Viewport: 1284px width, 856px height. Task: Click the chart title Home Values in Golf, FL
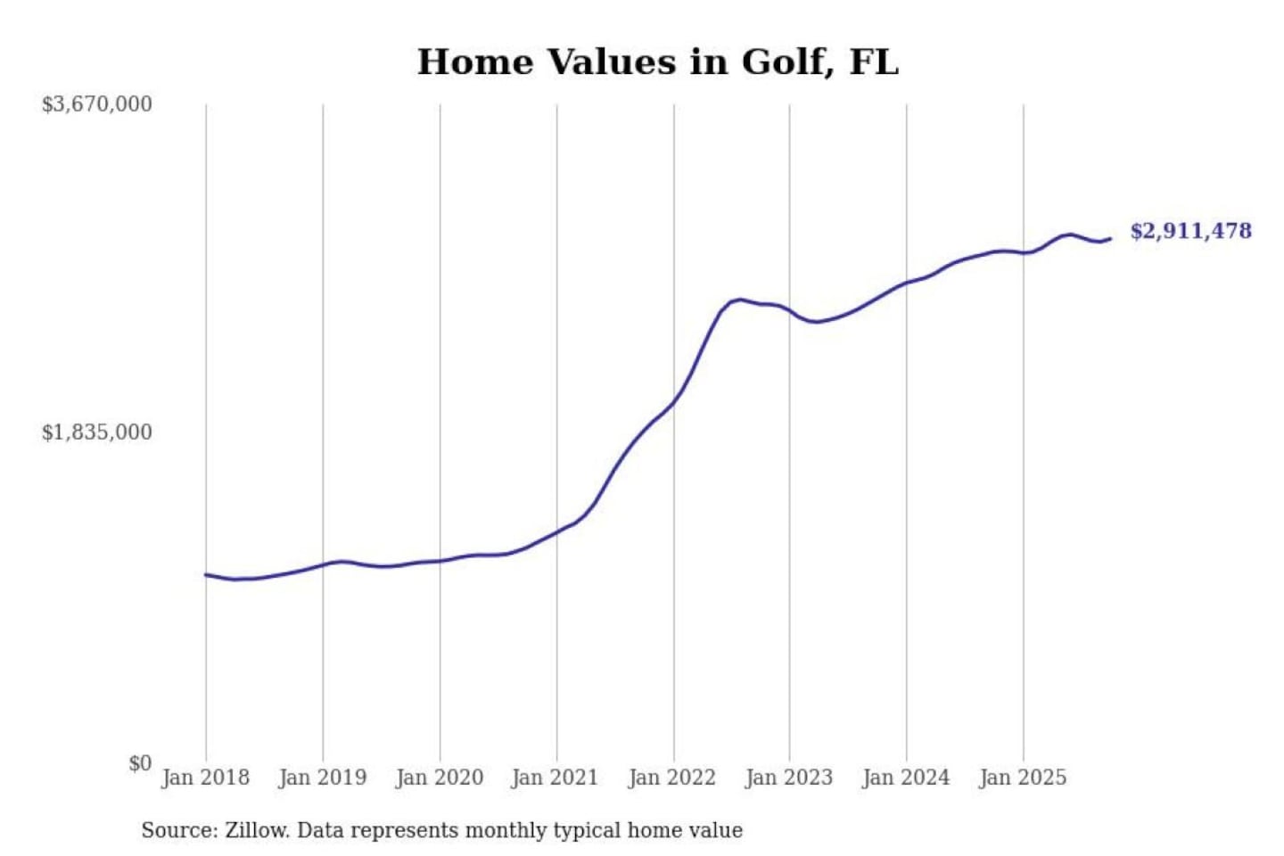click(658, 62)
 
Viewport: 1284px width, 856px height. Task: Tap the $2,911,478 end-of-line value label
click(1190, 231)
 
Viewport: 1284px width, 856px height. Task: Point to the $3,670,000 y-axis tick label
click(97, 104)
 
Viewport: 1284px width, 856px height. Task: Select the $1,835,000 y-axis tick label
click(97, 432)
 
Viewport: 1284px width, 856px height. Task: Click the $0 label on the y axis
click(140, 763)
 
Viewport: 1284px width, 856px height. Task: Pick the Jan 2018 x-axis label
click(206, 778)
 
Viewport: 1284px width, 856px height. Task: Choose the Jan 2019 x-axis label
click(323, 778)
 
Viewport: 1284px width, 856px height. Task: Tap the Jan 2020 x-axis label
click(440, 778)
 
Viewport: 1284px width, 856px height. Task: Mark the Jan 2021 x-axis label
click(555, 778)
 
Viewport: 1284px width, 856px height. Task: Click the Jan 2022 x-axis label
click(672, 778)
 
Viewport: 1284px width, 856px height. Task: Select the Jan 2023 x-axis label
click(789, 778)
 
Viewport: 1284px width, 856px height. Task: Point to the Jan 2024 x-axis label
click(906, 778)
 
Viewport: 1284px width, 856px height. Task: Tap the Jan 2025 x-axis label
click(1023, 778)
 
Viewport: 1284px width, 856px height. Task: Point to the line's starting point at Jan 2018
click(206, 574)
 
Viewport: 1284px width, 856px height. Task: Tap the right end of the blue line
click(1110, 238)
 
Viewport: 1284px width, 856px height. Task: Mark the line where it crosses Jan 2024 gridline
click(907, 284)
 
